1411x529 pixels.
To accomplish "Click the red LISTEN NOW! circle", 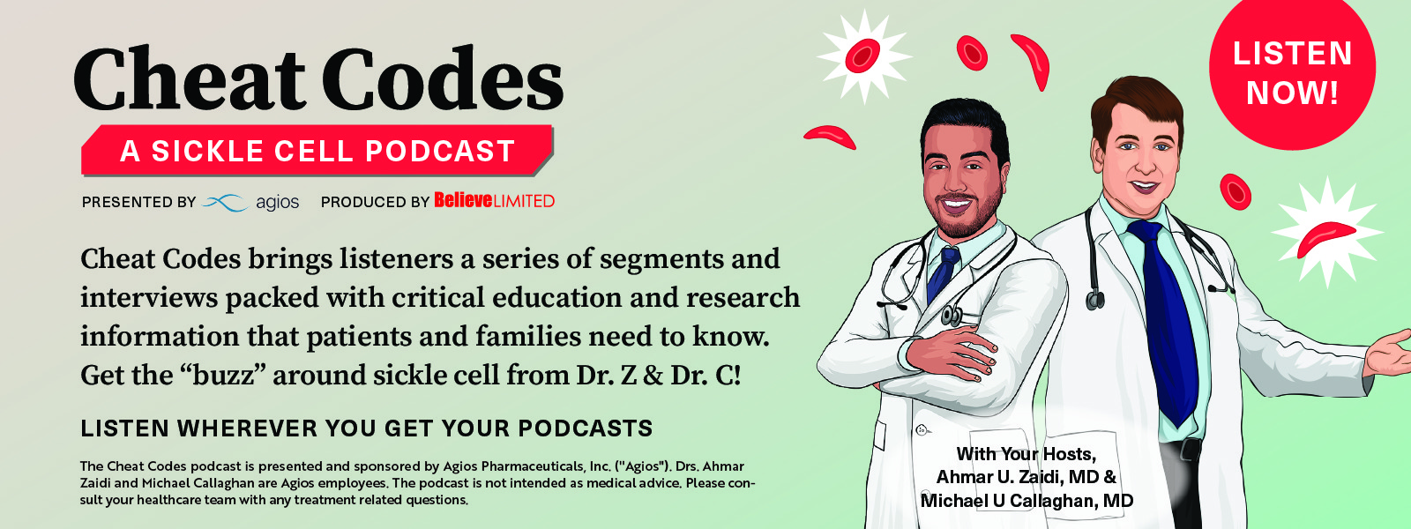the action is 1292,68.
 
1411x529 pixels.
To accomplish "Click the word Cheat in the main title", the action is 190,78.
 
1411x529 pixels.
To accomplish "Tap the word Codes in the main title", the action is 444,78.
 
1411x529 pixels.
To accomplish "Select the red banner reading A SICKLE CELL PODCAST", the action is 317,151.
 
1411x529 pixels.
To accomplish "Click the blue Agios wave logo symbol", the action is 225,202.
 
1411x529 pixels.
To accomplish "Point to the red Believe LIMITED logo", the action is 495,201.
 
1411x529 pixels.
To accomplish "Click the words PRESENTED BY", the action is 138,202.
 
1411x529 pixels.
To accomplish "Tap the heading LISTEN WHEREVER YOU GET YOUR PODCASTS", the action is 367,428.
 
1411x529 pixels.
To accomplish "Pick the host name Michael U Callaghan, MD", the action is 1027,501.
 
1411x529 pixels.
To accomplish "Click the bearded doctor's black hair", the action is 964,123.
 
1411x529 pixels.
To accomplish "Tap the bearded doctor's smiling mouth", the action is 956,204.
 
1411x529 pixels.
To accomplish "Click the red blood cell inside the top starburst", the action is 862,56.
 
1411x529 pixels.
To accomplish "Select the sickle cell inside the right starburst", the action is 1325,238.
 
